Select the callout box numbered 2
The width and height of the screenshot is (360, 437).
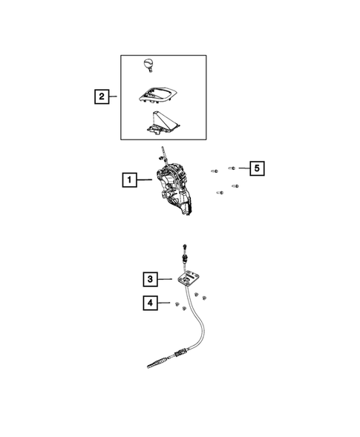coord(100,96)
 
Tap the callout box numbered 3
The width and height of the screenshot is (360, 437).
coord(150,279)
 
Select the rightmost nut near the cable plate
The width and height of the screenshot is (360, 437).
coord(205,297)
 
